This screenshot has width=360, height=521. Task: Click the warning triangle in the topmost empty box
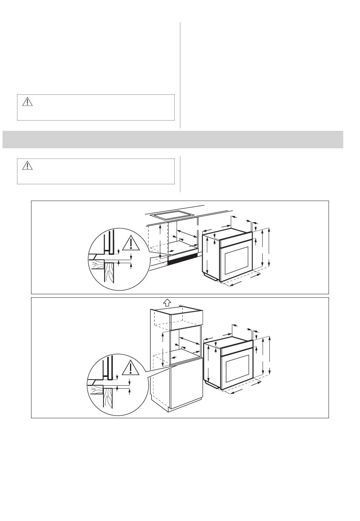[28, 102]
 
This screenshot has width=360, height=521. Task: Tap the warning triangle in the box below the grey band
[28, 165]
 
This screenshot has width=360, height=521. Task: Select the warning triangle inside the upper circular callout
[131, 243]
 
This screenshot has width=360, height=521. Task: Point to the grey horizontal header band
[173, 140]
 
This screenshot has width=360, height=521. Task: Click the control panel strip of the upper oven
[236, 242]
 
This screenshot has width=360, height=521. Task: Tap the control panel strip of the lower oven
[237, 351]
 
